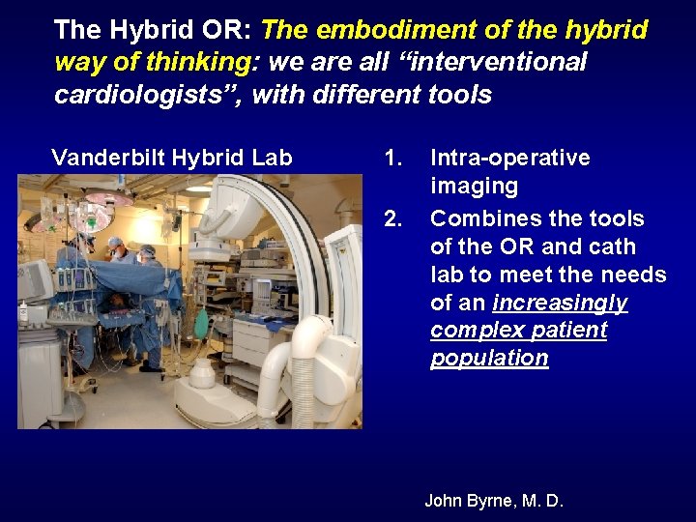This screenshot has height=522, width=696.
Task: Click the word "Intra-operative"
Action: tap(509, 158)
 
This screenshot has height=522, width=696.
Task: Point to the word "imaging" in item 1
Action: tap(474, 186)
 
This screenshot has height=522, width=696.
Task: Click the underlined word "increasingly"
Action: tap(560, 303)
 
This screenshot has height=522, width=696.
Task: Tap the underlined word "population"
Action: tap(489, 358)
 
